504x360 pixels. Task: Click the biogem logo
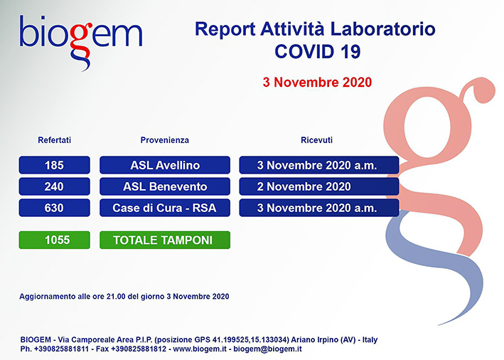click(80, 42)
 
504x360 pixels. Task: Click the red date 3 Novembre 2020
click(317, 83)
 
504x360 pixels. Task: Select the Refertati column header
click(54, 140)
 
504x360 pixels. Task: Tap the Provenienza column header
click(165, 140)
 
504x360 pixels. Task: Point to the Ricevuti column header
click(316, 140)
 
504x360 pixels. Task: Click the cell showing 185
click(54, 165)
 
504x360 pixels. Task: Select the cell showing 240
click(54, 186)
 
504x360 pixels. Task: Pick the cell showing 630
click(54, 208)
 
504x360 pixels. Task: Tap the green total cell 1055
click(54, 240)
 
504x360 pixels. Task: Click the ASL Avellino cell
click(165, 165)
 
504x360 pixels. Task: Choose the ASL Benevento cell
click(165, 186)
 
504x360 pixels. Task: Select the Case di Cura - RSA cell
click(165, 208)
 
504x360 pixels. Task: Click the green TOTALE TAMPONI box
click(165, 240)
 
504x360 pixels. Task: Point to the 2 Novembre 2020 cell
click(319, 186)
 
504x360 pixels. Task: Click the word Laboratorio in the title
click(383, 29)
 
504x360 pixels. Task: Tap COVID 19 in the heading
click(318, 51)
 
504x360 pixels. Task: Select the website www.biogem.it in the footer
click(200, 349)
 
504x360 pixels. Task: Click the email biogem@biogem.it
click(267, 349)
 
